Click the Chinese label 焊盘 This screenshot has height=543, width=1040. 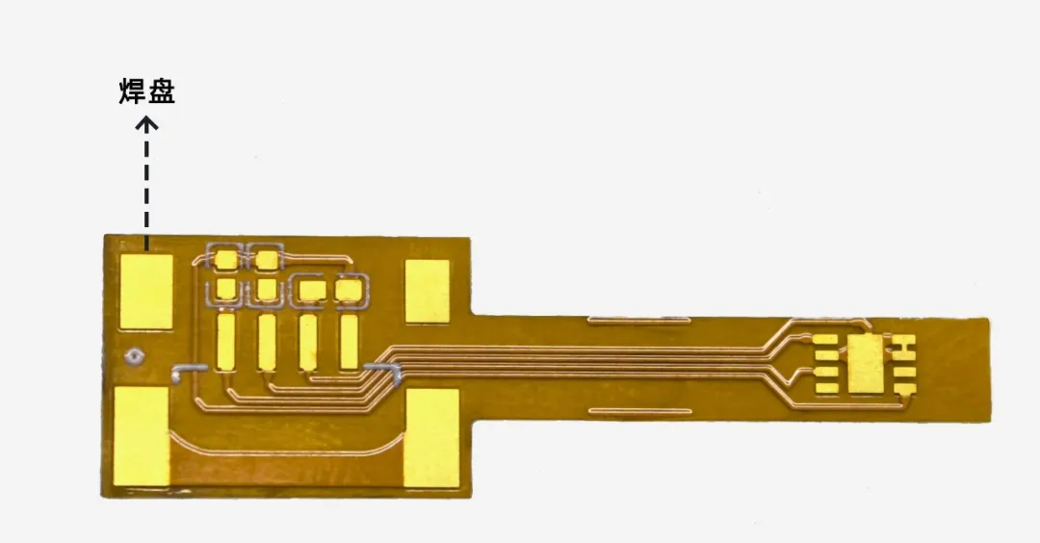[146, 91]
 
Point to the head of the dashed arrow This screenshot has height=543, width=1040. [146, 122]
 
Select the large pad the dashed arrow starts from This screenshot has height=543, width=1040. [146, 292]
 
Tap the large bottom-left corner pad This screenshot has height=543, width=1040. [142, 436]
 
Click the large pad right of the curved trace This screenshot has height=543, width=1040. [431, 438]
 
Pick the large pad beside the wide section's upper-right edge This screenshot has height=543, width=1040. [428, 291]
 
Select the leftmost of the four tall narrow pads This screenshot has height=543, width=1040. [225, 342]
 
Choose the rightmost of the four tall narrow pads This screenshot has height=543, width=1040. [349, 342]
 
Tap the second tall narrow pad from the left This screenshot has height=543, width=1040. [267, 342]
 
